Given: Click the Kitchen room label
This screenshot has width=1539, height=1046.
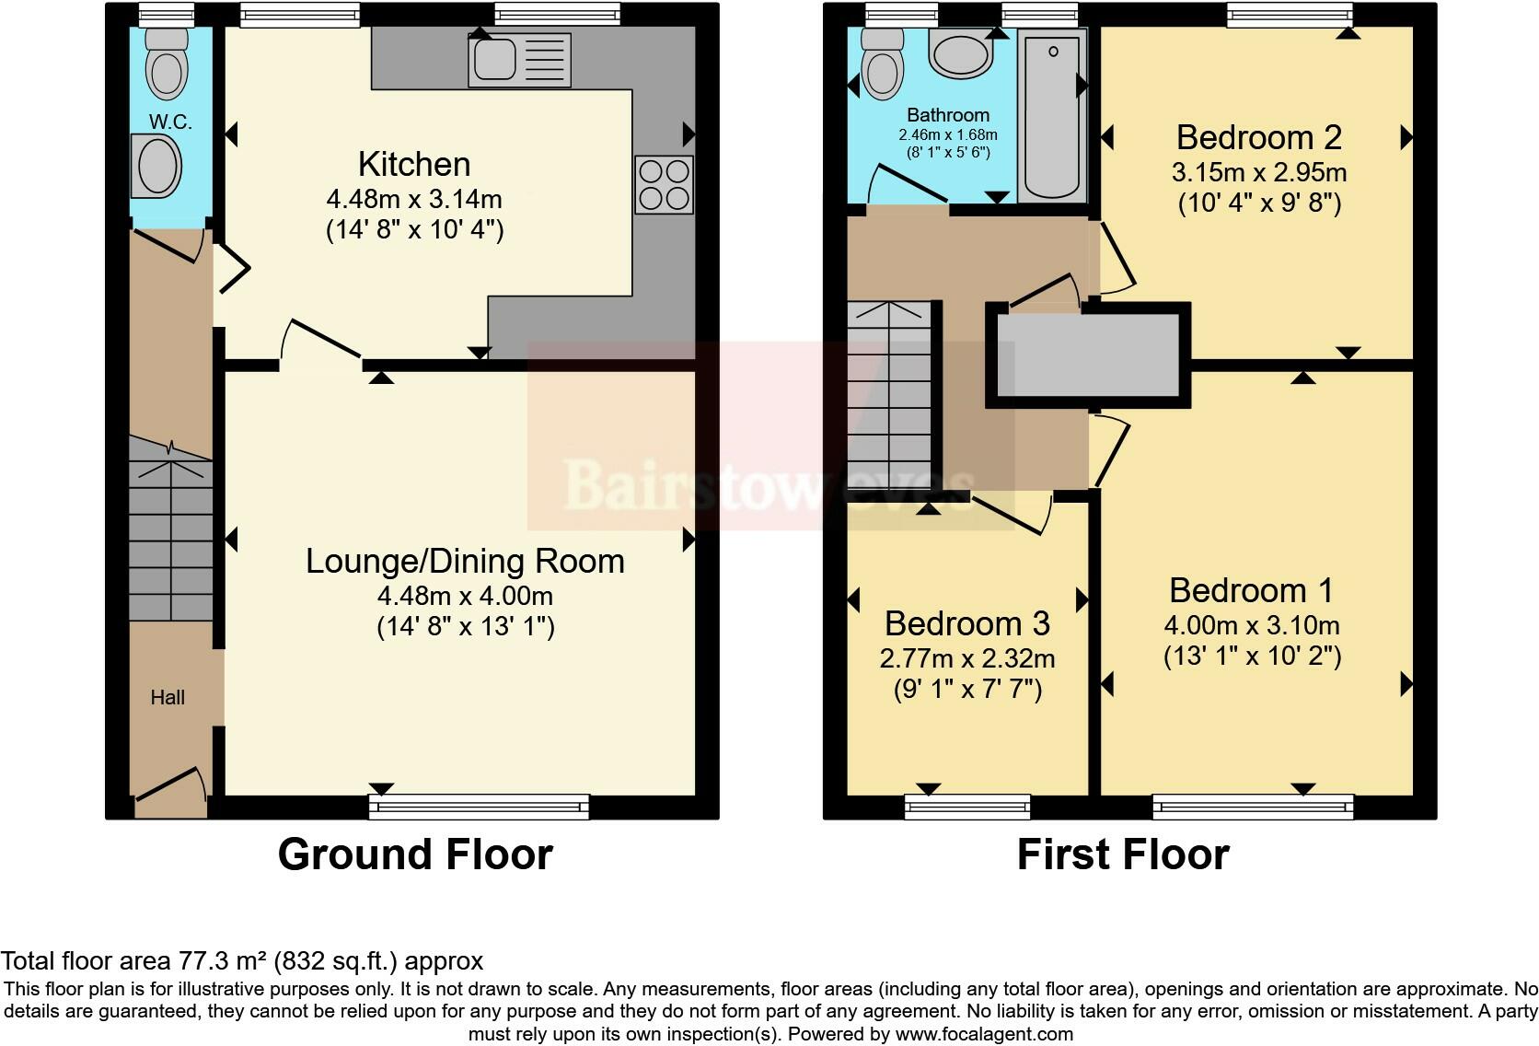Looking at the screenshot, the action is click(x=414, y=164).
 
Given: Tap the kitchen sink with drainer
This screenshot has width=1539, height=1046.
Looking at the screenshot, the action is click(x=519, y=61).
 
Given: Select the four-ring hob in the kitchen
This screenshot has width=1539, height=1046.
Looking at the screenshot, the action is click(x=664, y=185).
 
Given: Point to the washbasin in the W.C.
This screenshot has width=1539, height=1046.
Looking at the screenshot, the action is click(x=156, y=166).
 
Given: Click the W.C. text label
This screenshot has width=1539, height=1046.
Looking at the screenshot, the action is click(x=170, y=122).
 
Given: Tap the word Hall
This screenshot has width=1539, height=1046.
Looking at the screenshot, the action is click(x=168, y=698).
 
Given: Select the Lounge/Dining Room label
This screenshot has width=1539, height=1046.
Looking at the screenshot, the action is click(x=465, y=561).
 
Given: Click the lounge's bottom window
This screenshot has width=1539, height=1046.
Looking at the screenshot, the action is click(x=479, y=807).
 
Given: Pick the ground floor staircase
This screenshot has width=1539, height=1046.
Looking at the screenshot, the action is click(x=170, y=529).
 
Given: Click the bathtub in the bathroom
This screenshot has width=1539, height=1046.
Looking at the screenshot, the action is click(x=1052, y=116).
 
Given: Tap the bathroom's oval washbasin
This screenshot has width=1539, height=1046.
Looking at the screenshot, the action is click(x=961, y=54).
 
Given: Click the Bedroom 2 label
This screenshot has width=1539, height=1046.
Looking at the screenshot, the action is click(x=1259, y=137).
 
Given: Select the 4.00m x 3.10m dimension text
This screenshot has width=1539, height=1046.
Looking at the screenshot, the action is click(x=1252, y=625).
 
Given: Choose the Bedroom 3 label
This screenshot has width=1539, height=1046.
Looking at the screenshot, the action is click(x=967, y=623).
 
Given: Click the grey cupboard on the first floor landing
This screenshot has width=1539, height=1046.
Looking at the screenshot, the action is click(x=1088, y=355).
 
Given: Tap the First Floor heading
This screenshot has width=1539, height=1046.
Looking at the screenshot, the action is click(x=1123, y=854).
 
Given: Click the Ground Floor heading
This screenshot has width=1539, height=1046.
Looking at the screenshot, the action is click(x=416, y=854).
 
